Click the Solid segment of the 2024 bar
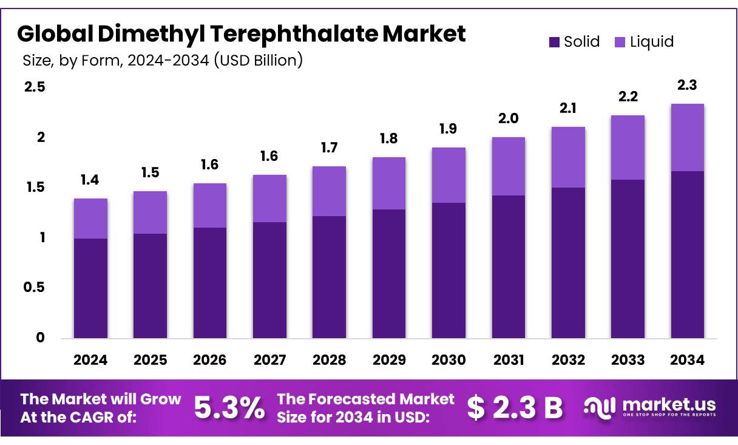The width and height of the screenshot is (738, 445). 90,288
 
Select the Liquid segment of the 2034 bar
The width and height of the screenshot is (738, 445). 687,138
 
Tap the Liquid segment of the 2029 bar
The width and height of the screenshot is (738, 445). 389,183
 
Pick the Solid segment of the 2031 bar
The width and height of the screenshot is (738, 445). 509,267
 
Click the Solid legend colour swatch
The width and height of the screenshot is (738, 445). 554,42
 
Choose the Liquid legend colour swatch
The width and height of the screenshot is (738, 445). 620,42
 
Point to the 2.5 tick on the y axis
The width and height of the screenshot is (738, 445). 35,87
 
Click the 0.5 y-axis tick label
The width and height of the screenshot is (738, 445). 35,287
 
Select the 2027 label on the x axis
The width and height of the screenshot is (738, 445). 269,360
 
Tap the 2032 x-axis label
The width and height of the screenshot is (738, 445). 568,360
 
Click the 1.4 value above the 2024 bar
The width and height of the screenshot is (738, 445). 90,180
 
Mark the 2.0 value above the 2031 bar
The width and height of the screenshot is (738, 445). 509,118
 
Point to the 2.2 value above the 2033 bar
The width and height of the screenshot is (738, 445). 628,97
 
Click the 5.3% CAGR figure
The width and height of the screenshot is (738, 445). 229,407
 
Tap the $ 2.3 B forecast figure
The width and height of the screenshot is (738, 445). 515,407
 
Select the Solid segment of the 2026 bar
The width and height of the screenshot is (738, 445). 210,283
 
